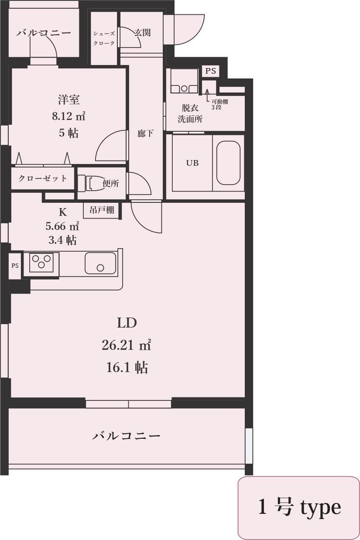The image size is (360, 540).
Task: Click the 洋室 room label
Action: click(x=69, y=99)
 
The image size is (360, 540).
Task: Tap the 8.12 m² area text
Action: click(x=69, y=116)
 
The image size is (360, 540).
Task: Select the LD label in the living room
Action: click(x=127, y=323)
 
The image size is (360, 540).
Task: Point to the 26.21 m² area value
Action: click(x=127, y=345)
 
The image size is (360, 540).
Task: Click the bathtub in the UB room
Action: click(x=228, y=163)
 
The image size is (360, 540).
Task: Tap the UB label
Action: click(x=192, y=163)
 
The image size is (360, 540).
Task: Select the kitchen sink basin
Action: click(x=100, y=263)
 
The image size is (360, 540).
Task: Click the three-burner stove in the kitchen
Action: click(x=41, y=262)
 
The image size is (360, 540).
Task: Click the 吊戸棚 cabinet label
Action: click(x=102, y=210)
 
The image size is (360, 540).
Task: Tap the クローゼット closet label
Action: click(x=42, y=178)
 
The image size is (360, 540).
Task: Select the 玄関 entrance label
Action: click(x=143, y=32)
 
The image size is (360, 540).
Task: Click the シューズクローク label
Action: click(x=104, y=38)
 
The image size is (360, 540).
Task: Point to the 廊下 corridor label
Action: click(x=145, y=133)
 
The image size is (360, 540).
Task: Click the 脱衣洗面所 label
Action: click(x=190, y=113)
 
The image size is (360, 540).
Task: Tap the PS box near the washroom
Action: click(x=211, y=71)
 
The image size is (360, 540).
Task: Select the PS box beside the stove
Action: click(x=15, y=266)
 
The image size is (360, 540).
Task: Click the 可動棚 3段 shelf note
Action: click(x=219, y=104)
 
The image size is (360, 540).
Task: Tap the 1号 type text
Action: click(x=300, y=507)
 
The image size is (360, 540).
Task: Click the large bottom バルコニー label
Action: click(x=126, y=436)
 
